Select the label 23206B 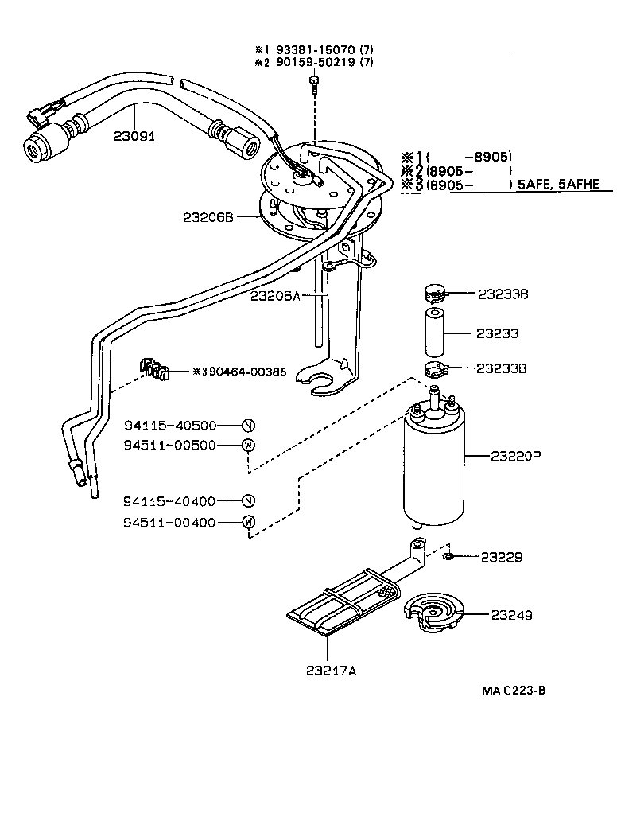208,216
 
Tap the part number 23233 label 498,333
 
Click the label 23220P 515,456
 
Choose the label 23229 502,558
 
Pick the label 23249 511,615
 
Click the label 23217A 331,671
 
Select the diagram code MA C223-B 513,690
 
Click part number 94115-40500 170,426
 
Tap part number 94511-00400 170,522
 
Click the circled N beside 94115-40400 248,501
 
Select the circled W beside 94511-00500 248,446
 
